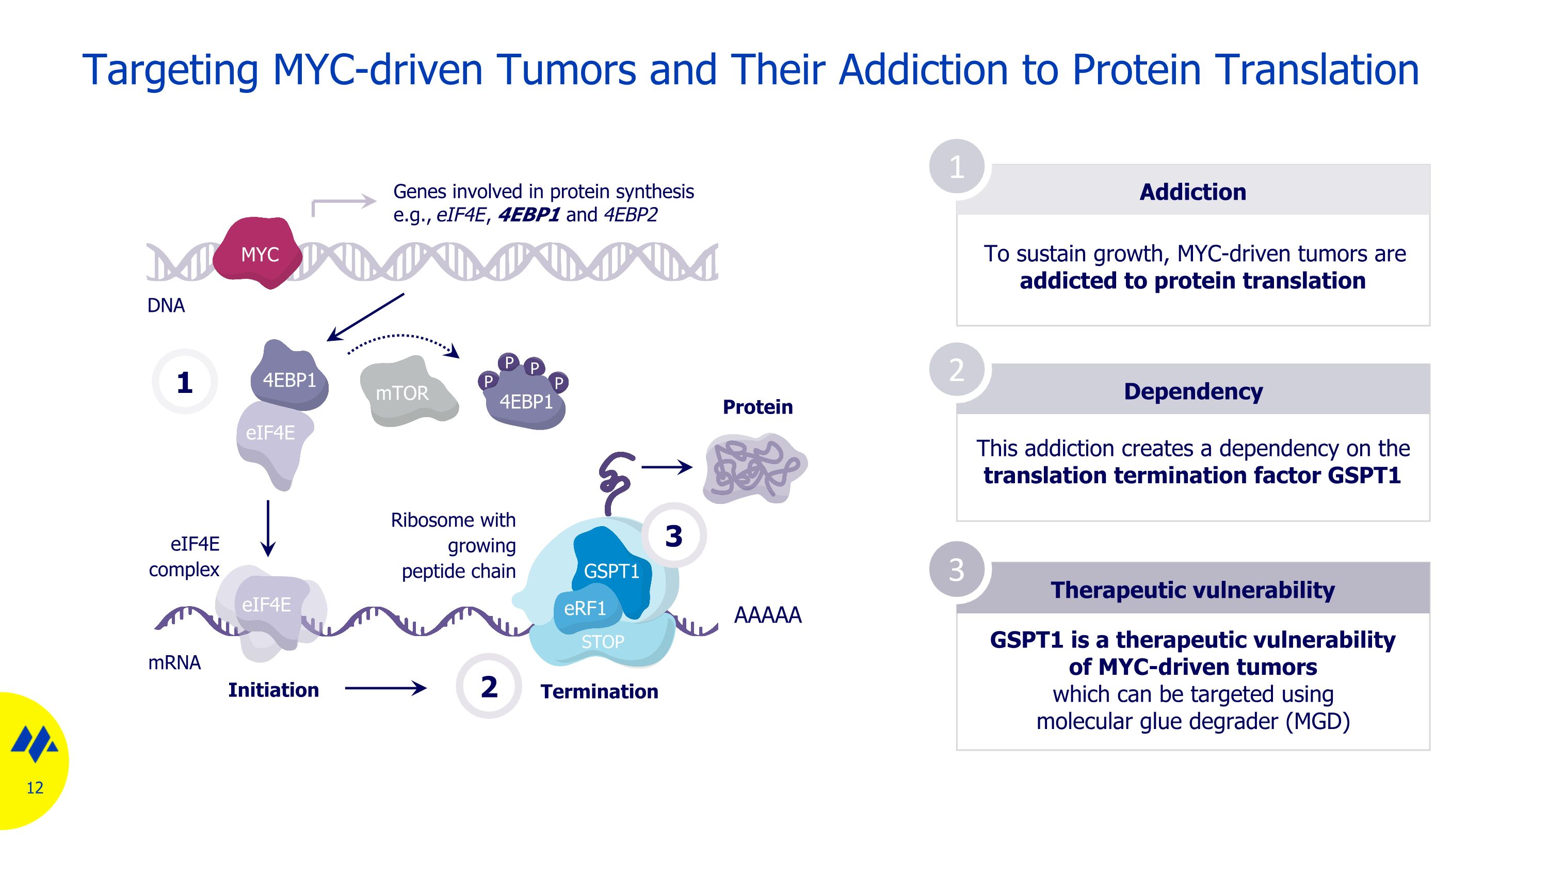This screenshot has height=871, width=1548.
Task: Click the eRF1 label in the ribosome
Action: [585, 608]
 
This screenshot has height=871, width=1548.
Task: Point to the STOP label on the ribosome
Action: [603, 641]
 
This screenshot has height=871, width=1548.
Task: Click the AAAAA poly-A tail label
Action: [768, 615]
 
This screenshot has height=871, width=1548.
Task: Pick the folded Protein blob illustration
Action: [755, 468]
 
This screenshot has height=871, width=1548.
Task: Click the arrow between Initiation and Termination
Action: [385, 688]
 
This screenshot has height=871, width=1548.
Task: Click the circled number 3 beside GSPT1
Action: [674, 535]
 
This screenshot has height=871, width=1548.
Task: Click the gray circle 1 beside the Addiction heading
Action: [957, 166]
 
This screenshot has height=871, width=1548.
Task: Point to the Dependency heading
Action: [1194, 391]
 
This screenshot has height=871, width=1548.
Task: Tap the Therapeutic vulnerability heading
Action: [1193, 590]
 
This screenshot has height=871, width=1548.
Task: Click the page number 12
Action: [35, 787]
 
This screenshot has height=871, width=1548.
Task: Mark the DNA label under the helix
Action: [166, 305]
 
